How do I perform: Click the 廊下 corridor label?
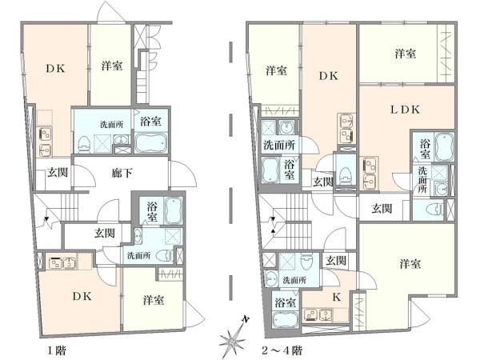122,174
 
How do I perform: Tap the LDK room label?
405,110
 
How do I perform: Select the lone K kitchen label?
337,297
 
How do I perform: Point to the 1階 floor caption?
57,350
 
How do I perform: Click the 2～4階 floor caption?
282,350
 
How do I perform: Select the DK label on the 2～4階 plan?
329,76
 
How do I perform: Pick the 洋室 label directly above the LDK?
406,54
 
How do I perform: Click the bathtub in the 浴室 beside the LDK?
444,146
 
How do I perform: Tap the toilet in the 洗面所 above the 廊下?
84,144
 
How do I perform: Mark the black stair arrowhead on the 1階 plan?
46,218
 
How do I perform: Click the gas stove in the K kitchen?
310,315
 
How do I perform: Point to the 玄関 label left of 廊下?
58,173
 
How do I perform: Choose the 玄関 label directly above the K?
336,261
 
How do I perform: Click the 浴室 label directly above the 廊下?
150,122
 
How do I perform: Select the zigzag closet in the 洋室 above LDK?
446,54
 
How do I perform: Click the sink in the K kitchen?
326,315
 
